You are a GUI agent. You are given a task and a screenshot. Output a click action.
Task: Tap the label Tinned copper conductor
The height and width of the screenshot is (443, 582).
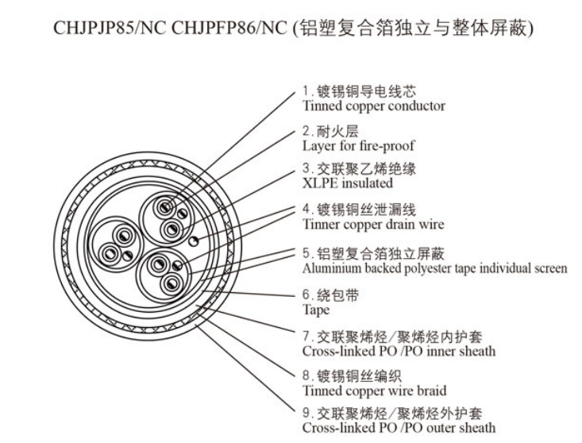click(374, 106)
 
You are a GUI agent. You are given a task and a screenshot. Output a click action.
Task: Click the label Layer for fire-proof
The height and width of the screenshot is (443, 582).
click(358, 146)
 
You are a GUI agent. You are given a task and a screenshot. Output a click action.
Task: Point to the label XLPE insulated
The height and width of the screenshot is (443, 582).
click(348, 183)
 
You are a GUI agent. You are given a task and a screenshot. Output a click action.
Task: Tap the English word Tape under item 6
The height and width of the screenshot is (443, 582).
click(316, 310)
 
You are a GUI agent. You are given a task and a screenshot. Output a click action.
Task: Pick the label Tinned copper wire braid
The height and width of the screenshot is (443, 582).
click(374, 391)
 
